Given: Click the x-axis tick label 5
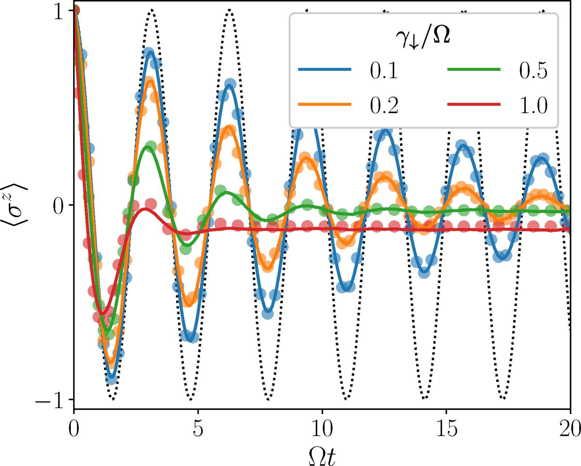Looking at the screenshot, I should pos(198,429).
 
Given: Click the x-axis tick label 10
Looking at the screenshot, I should pos(322,429).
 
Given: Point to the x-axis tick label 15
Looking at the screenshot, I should pos(446,429).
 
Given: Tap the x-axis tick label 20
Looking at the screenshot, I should pos(569,429).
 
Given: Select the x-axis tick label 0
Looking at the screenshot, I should pos(74,429).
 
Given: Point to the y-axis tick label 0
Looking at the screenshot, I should pos(58,207).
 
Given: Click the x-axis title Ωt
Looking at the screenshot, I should pos(322,455).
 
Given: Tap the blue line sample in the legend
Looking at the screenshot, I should pos(325,69).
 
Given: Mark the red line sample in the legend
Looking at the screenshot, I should pos(474,104).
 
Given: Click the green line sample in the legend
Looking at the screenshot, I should pos(474,69).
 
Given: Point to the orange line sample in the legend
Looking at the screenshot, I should pos(325,104).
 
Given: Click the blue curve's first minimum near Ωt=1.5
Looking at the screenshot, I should pos(111,378).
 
